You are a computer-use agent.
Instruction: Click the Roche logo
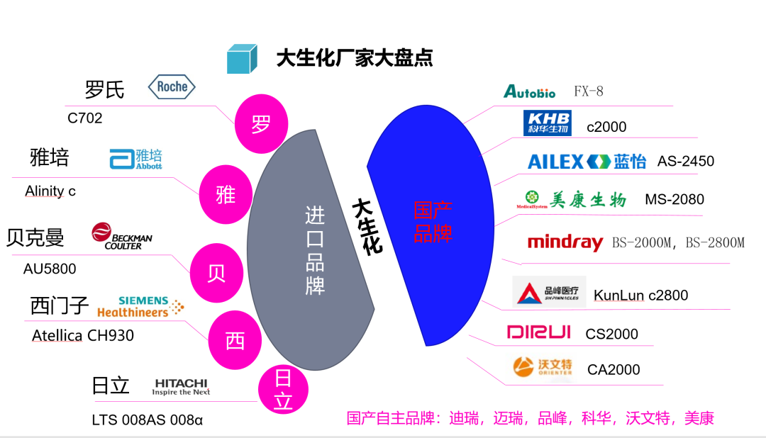(x=172, y=87)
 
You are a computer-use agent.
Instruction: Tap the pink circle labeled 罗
(x=261, y=125)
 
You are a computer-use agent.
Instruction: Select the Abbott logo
(x=136, y=158)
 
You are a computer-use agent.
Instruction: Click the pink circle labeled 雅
(x=226, y=193)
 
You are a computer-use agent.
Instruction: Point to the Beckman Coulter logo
(x=121, y=237)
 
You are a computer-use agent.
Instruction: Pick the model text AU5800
(x=50, y=269)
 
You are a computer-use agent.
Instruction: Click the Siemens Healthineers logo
(x=141, y=306)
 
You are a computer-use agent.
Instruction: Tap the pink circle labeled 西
(x=235, y=341)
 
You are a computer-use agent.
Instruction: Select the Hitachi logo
(x=182, y=386)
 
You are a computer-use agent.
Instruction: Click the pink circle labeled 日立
(x=283, y=390)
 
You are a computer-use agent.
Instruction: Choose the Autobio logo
(x=529, y=91)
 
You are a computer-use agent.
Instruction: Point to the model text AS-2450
(x=685, y=161)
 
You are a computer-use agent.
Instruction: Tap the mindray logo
(x=565, y=242)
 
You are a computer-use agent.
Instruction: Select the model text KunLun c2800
(x=640, y=296)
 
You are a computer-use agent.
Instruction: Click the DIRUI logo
(x=538, y=332)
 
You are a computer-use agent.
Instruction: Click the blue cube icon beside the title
(x=242, y=58)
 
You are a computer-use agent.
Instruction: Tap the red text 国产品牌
(x=433, y=221)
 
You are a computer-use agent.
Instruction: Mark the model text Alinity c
(x=50, y=191)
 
